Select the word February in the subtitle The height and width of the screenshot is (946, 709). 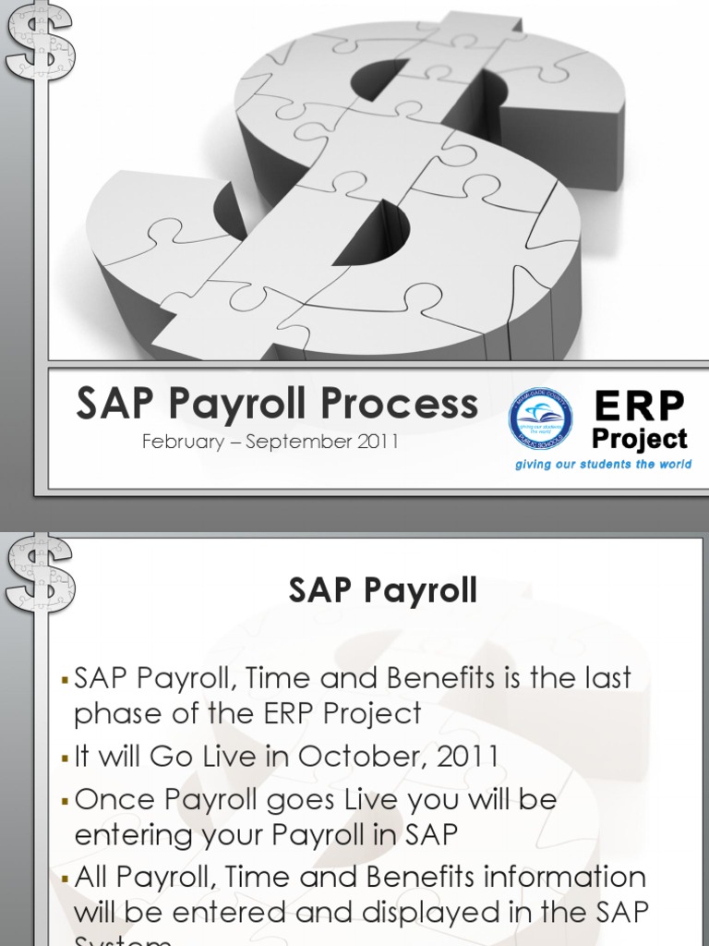(180, 442)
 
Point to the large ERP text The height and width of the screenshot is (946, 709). (640, 405)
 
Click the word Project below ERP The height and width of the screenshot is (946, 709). (640, 439)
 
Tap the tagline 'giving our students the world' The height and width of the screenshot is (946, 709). (603, 465)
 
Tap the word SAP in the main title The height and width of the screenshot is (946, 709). (107, 405)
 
